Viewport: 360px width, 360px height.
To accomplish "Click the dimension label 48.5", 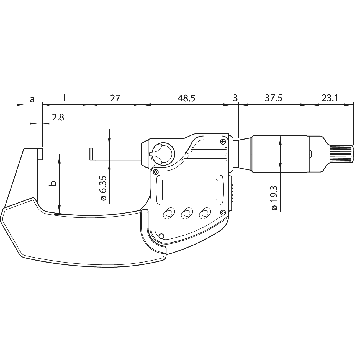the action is point(186,98).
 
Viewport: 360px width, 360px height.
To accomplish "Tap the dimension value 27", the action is point(115,98).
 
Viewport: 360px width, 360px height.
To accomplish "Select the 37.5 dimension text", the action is point(274,98).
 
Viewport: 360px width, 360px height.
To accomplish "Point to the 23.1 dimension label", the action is point(330,98).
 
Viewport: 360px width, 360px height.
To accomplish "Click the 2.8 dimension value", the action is point(58,117).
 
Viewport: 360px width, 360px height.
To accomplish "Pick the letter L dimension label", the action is point(66,98).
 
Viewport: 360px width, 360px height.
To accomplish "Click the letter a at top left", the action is point(32,99).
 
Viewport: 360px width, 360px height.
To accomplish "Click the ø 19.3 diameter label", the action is point(274,198).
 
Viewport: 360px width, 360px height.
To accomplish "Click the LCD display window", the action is point(190,190).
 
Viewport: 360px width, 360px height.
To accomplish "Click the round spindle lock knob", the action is point(162,154).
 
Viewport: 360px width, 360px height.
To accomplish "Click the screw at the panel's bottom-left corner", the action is point(162,236).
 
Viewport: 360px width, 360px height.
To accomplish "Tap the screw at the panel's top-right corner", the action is point(223,142).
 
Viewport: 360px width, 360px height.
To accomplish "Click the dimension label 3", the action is point(236,98).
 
